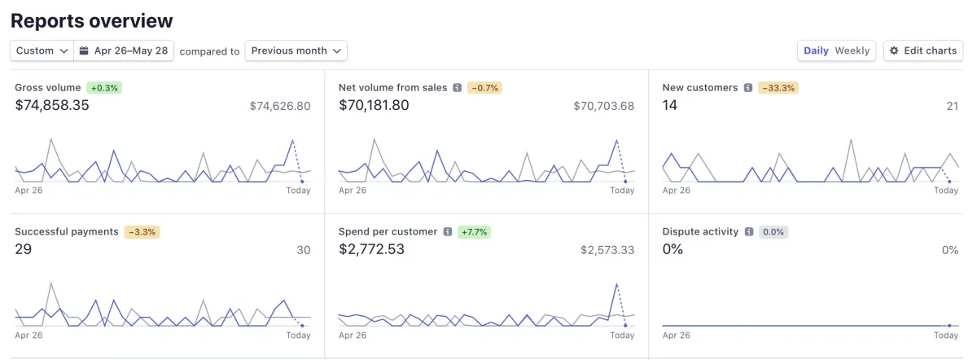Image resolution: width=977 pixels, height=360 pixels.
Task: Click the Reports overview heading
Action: tap(92, 21)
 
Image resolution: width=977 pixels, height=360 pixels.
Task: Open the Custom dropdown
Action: tap(42, 50)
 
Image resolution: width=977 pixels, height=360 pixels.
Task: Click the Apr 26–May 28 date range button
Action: tap(124, 50)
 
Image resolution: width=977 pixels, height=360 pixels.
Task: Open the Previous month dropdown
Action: tap(296, 50)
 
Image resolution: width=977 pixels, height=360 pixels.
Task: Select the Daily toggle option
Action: tap(816, 50)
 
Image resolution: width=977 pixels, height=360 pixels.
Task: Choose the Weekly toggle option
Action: tap(852, 50)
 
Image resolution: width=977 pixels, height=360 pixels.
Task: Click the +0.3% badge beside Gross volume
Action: tap(104, 87)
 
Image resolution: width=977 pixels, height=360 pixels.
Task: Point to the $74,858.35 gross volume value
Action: tap(52, 105)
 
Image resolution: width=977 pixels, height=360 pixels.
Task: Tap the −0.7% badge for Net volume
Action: tap(484, 87)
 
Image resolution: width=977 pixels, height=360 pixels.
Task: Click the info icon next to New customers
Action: tap(747, 87)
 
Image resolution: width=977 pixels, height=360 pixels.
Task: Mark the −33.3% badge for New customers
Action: tap(778, 87)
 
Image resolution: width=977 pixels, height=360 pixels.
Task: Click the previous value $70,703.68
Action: tap(603, 106)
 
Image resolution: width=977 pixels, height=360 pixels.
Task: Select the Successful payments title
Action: tap(67, 231)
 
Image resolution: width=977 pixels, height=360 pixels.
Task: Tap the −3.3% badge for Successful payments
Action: tap(142, 231)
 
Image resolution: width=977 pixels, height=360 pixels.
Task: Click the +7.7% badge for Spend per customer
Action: tap(473, 231)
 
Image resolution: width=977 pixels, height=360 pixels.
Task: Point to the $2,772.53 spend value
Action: tap(371, 249)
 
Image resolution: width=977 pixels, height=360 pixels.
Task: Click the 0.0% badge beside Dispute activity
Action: tap(773, 231)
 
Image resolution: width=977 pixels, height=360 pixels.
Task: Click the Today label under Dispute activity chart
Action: tap(946, 335)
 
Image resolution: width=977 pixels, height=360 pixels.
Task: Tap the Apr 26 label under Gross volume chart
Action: tap(28, 190)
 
